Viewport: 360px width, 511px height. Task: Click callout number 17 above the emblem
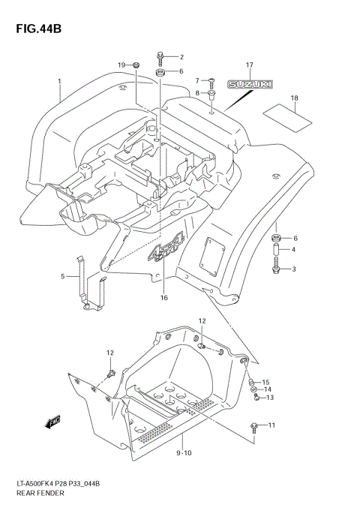(x=250, y=65)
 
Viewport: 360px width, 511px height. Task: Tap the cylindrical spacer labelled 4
(x=277, y=250)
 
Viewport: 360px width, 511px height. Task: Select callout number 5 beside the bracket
(x=63, y=275)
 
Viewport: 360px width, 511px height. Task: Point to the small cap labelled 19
(x=136, y=67)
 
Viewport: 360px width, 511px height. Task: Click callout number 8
(x=199, y=92)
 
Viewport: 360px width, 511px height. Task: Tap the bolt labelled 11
(x=255, y=426)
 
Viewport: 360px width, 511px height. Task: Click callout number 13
(x=269, y=398)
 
